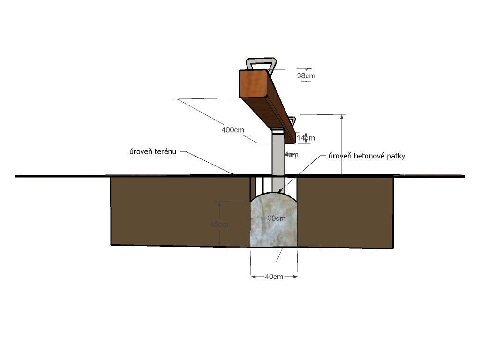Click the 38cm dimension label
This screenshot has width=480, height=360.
click(306, 75)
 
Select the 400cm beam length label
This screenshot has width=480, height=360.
click(232, 130)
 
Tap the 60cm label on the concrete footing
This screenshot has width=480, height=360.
click(277, 218)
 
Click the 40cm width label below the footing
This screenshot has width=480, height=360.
click(274, 277)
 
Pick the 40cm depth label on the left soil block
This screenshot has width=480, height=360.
click(219, 225)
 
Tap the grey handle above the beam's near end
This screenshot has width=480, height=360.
click(262, 63)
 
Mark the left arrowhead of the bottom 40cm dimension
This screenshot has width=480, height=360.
click(252, 277)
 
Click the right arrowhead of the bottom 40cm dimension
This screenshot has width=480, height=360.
click(296, 277)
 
